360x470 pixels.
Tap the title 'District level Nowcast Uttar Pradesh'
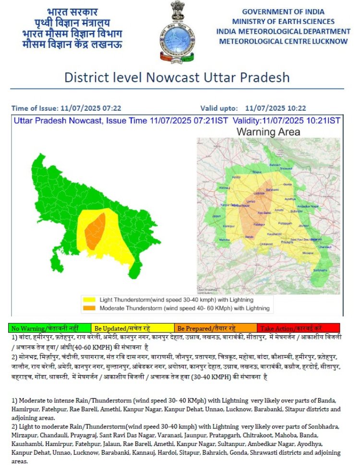(x=177, y=78)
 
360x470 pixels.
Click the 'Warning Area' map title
(x=268, y=131)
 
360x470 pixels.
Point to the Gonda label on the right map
(x=288, y=184)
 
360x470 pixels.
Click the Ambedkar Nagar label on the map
(x=308, y=206)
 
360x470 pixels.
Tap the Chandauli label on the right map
(x=325, y=247)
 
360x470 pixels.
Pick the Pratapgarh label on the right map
(x=285, y=223)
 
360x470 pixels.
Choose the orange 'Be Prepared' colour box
(x=215, y=329)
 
